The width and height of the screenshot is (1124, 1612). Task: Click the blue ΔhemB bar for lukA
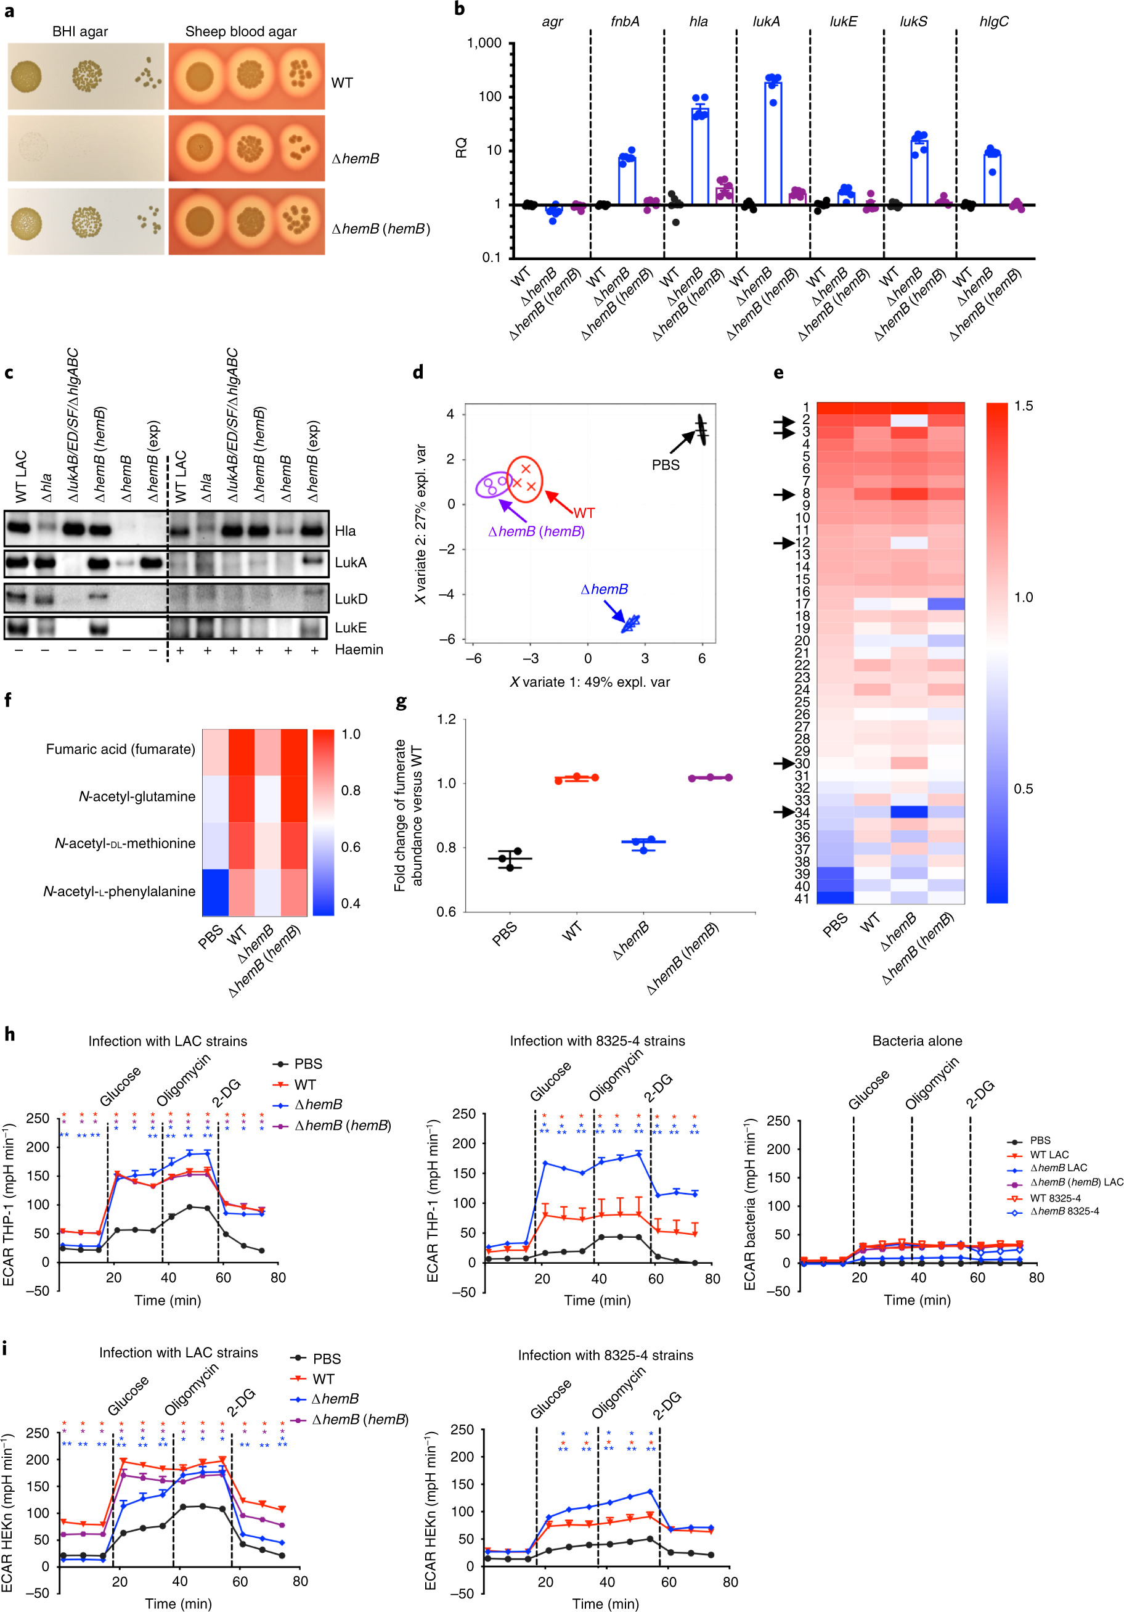pos(773,143)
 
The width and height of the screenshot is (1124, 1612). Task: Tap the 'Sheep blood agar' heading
pos(241,31)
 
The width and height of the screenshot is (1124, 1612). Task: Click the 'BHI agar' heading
pos(80,31)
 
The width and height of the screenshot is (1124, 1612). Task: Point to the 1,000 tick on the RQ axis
pos(484,44)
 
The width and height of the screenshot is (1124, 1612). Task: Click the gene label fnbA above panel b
pos(625,22)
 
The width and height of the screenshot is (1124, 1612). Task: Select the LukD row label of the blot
pos(351,599)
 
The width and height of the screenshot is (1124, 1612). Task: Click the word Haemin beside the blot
pos(359,650)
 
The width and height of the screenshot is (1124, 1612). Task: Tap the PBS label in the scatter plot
pos(666,465)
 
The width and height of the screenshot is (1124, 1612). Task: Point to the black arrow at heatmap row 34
pos(783,812)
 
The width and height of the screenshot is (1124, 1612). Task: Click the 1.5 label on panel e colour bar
pos(1024,406)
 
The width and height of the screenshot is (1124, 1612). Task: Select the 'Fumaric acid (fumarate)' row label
pos(121,749)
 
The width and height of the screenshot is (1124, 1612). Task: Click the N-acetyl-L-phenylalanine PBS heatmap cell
pos(216,893)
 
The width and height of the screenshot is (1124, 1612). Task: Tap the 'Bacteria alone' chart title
pos(917,1041)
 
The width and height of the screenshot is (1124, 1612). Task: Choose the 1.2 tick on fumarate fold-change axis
pos(447,719)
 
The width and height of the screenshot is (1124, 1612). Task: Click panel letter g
pos(401,702)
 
